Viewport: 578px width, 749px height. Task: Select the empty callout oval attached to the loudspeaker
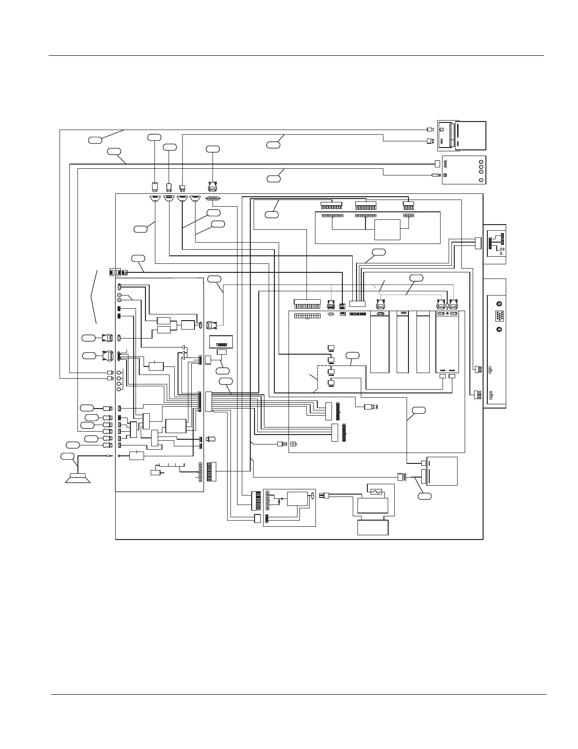click(x=68, y=456)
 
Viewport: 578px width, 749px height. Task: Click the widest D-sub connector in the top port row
click(x=213, y=199)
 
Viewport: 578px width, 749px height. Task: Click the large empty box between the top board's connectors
click(x=387, y=230)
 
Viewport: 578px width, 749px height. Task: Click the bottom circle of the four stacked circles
click(x=119, y=389)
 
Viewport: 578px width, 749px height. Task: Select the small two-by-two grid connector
click(x=294, y=444)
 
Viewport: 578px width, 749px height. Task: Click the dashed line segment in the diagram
click(x=317, y=378)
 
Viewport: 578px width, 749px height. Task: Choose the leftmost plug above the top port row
click(x=155, y=186)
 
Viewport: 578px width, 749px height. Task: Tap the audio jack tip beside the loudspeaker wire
click(x=110, y=456)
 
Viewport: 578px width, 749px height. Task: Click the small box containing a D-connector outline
click(x=221, y=341)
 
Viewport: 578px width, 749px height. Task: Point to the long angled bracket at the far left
click(x=94, y=296)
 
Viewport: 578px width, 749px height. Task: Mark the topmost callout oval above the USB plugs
click(x=154, y=137)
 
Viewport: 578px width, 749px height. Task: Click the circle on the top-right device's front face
click(x=442, y=130)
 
